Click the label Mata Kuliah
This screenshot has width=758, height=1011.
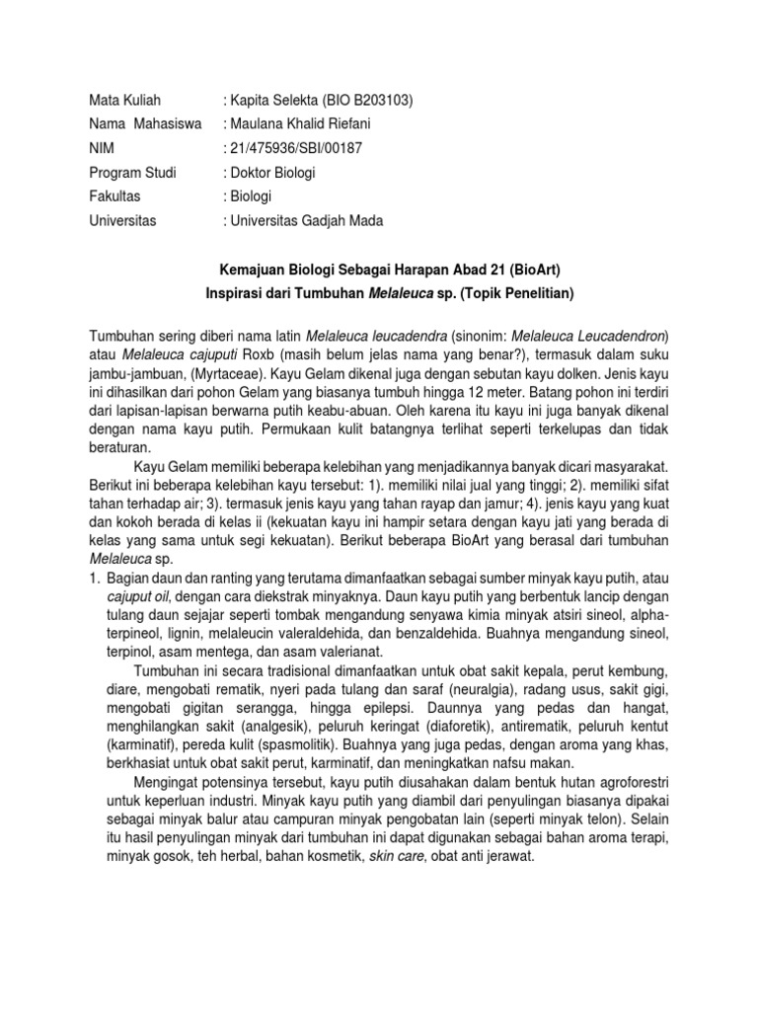[x=124, y=101]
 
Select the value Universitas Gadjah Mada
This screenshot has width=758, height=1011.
[x=305, y=220]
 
